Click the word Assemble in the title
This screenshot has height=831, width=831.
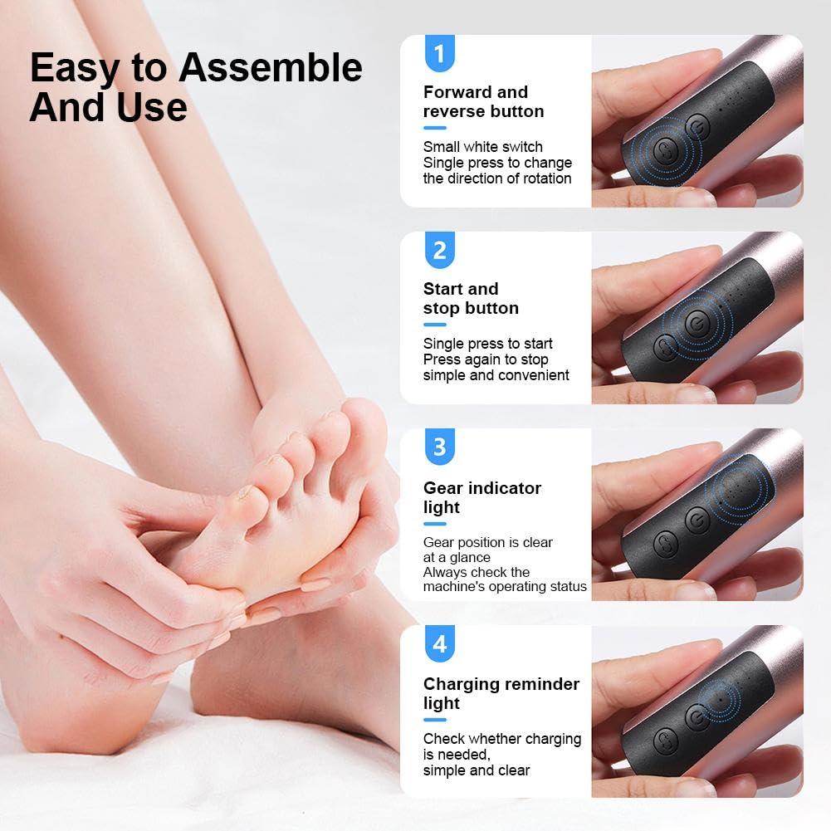(270, 68)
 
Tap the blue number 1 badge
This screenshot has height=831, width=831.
(439, 54)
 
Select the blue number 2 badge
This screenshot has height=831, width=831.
(439, 251)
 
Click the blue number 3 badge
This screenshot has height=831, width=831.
(439, 447)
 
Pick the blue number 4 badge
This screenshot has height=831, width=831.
(439, 644)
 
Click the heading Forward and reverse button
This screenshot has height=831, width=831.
(483, 101)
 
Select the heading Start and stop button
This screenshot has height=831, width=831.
(471, 298)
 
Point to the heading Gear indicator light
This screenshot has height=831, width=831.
(481, 497)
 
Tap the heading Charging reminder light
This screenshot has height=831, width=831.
(501, 693)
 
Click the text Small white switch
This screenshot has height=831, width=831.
(482, 147)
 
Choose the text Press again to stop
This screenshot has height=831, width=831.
(486, 359)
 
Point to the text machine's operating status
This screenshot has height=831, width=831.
(504, 587)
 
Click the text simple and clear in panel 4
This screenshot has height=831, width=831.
(476, 770)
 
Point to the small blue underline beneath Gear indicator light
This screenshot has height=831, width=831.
(434, 524)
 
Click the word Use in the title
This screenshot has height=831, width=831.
(153, 108)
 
